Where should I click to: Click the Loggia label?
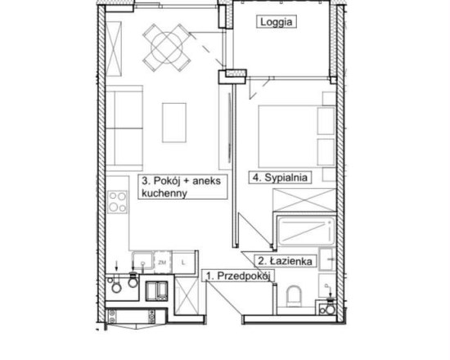277,22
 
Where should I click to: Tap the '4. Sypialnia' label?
280,178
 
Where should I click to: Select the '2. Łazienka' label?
285,261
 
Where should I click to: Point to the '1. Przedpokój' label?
238,276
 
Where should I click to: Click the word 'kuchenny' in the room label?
164,193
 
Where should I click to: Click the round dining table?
167,47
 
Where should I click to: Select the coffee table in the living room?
174,123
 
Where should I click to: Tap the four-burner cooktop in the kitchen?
118,202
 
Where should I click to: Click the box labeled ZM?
163,262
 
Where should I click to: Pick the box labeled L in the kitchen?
183,262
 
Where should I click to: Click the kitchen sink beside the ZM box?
142,261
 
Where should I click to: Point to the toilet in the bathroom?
294,296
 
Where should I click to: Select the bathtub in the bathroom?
307,231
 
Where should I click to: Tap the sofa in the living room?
124,128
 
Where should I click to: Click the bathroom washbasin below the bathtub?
326,259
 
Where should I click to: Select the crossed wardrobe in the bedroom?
304,200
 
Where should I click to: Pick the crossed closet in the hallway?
187,295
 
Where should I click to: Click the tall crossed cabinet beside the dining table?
114,49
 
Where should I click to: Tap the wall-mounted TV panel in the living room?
229,128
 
